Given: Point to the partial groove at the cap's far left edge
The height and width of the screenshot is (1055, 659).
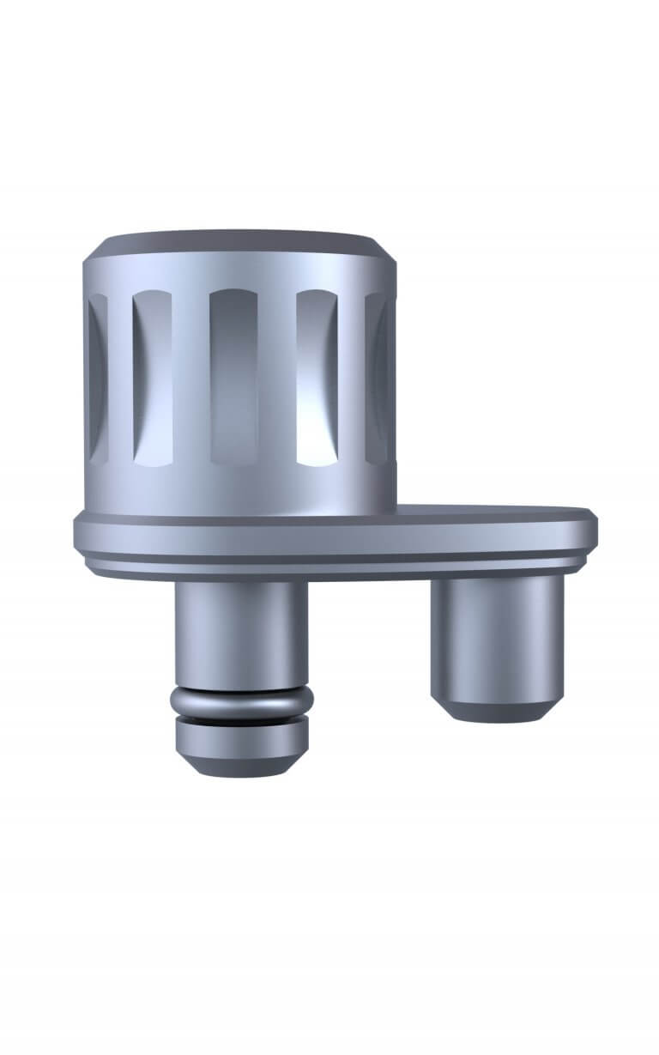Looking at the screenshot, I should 97,378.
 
